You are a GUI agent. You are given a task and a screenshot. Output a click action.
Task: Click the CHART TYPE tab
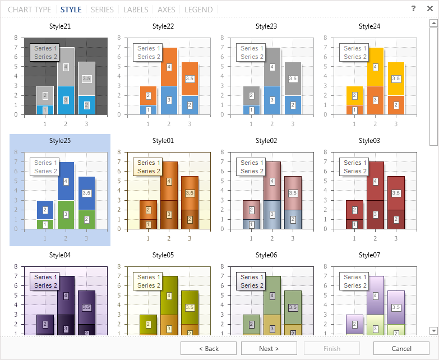pyautogui.click(x=29, y=10)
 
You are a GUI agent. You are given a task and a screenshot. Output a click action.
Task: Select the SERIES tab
pyautogui.click(x=102, y=10)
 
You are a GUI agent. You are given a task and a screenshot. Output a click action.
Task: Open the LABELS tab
pyautogui.click(x=136, y=10)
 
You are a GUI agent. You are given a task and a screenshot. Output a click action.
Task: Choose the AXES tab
pyautogui.click(x=167, y=10)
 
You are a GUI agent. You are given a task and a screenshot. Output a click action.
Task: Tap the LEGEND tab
pyautogui.click(x=198, y=10)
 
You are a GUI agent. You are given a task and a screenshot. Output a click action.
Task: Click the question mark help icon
pyautogui.click(x=413, y=8)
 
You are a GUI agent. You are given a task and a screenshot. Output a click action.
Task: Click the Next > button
pyautogui.click(x=269, y=348)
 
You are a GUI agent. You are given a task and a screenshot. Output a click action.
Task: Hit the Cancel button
pyautogui.click(x=401, y=348)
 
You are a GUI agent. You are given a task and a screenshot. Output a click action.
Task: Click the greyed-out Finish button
pyautogui.click(x=332, y=348)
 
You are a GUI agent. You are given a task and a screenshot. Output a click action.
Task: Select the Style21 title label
pyautogui.click(x=60, y=26)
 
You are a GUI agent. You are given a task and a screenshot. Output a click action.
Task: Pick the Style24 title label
pyautogui.click(x=369, y=26)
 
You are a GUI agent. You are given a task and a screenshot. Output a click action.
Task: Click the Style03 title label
pyautogui.click(x=369, y=141)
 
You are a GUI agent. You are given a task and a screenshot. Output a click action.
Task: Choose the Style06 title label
pyautogui.click(x=266, y=255)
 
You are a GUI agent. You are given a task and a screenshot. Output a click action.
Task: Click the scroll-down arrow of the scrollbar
pyautogui.click(x=433, y=331)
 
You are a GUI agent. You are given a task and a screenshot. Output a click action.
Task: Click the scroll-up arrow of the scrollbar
pyautogui.click(x=433, y=23)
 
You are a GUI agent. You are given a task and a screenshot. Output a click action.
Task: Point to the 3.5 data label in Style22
pyautogui.click(x=190, y=79)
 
